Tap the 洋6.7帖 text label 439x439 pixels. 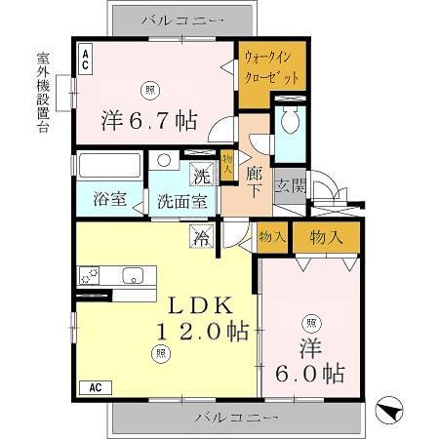point(150,121)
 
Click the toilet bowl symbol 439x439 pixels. point(291,123)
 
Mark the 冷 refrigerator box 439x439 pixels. point(202,236)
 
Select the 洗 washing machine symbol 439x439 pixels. point(201,176)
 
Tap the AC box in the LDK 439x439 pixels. point(96,385)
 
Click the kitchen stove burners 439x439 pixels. point(90,272)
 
